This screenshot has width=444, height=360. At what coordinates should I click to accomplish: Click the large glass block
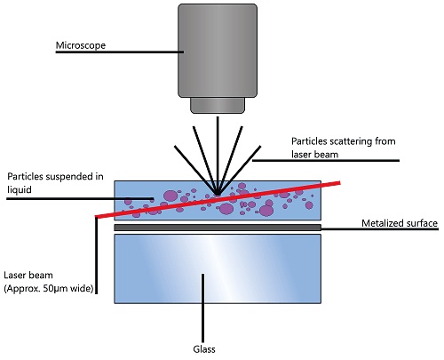point(218,268)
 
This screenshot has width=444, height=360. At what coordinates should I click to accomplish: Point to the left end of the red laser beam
point(96,217)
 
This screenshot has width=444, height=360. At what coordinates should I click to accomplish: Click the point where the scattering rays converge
point(216,190)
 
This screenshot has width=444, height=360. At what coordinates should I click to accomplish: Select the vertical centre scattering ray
point(216,151)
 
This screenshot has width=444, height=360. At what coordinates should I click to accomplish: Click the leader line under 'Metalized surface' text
point(373,228)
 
